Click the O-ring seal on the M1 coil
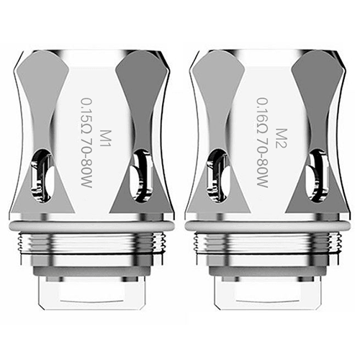point(91,225)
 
